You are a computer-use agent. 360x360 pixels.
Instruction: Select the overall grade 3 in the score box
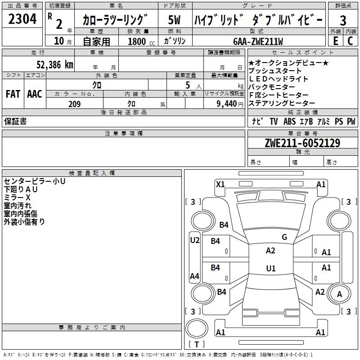coord(343,20)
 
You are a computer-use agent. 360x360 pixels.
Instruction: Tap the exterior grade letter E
coord(335,40)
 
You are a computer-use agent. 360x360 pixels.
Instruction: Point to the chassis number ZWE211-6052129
coord(302,144)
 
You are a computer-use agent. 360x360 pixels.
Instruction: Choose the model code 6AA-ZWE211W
coord(258,41)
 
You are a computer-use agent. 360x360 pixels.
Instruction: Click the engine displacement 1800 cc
coord(139,41)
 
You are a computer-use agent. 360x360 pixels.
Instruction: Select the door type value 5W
coord(175,20)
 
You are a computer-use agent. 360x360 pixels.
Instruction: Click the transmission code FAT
coord(13,94)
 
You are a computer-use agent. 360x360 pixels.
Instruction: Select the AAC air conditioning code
coord(35,94)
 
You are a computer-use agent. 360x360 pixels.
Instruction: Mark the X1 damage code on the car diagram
coord(220,184)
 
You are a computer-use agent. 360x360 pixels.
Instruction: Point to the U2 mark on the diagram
coord(194,240)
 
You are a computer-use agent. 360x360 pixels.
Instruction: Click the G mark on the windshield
coord(284,237)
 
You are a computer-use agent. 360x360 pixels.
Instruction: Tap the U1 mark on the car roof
coord(270,269)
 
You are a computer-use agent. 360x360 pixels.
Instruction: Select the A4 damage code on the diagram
coord(194,276)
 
